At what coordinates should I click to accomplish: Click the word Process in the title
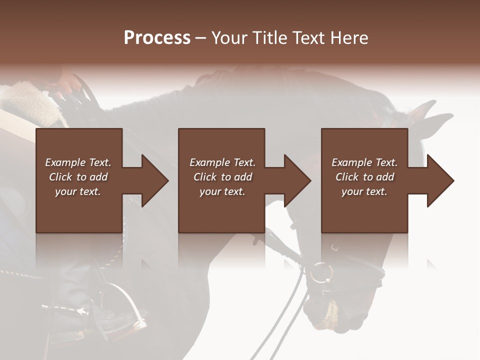tap(157, 38)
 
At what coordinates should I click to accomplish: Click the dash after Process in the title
tap(200, 38)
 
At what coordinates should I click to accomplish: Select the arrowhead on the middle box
tap(296, 180)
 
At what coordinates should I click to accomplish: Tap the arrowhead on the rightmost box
tap(439, 180)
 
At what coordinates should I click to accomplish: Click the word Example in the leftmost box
tap(65, 162)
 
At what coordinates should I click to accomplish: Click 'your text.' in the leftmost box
tap(78, 191)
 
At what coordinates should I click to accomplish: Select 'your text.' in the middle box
tap(222, 191)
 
